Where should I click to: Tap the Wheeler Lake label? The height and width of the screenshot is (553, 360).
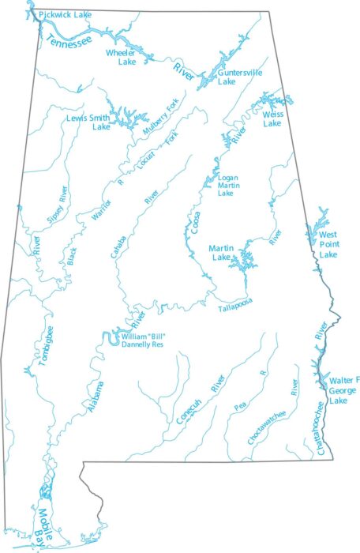pos(122,56)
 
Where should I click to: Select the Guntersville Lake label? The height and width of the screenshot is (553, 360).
pos(227,76)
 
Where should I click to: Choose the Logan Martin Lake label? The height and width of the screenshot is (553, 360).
pos(228,185)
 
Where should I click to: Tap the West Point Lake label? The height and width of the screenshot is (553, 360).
pos(328,244)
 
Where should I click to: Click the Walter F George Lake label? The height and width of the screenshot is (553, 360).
pos(339,391)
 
